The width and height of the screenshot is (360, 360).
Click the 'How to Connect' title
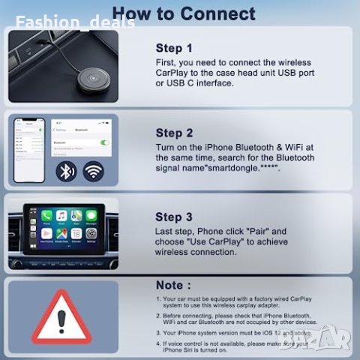point(184,13)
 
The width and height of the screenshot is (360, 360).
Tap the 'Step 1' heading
point(174,47)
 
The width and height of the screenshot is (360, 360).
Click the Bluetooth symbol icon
point(67,172)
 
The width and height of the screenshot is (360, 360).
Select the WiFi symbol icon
point(94,172)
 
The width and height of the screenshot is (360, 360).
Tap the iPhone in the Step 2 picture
point(28,150)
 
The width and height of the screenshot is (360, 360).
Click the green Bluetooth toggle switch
point(104,142)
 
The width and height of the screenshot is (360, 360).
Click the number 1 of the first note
point(159,299)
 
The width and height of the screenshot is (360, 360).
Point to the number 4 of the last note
point(159,343)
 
